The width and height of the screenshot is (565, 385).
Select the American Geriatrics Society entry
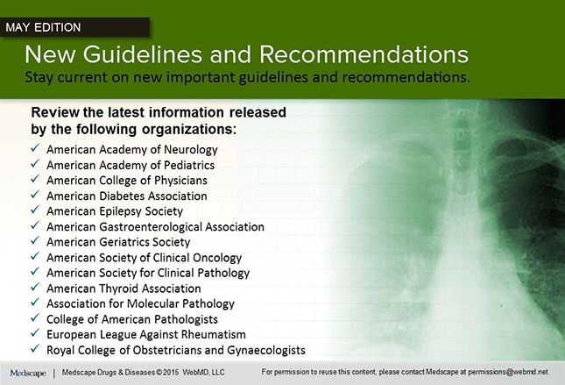click(118, 242)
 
